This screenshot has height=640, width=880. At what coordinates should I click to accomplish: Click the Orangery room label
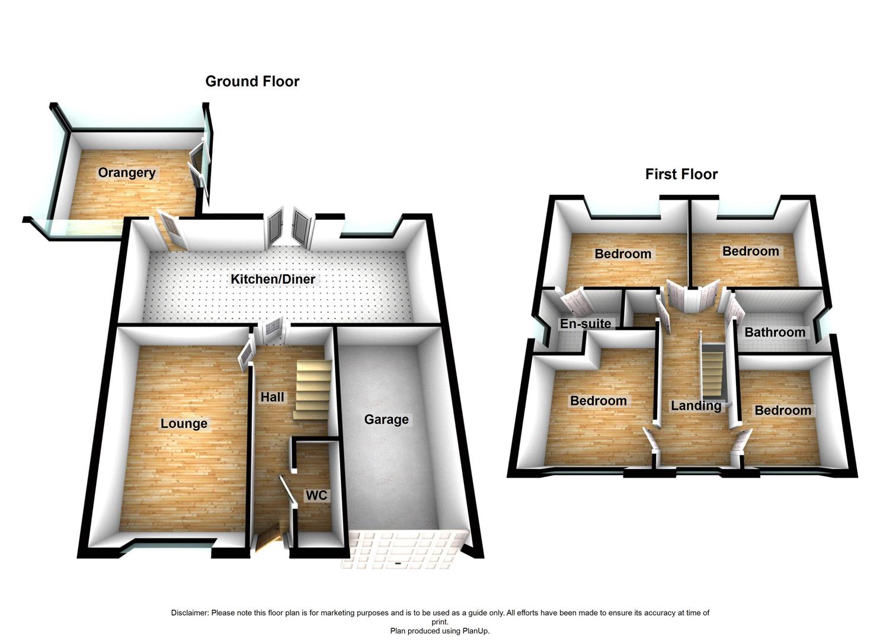[x=127, y=173]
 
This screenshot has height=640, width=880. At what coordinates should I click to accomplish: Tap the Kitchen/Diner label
[x=273, y=279]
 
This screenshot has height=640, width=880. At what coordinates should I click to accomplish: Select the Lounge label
[x=184, y=423]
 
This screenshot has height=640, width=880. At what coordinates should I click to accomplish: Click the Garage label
[x=386, y=420]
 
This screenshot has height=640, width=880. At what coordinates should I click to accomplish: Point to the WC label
[x=316, y=495]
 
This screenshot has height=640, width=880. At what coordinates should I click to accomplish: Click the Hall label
[x=272, y=397]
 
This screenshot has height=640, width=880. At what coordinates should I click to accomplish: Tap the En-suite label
[x=585, y=324]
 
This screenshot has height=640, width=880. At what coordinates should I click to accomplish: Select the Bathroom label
[x=775, y=332]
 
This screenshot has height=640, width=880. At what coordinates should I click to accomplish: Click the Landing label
[x=696, y=406]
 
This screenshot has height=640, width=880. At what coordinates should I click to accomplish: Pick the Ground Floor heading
[x=252, y=81]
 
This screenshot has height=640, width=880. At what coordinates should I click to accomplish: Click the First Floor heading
[x=681, y=174]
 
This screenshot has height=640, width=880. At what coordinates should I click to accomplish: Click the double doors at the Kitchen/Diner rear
[x=289, y=228]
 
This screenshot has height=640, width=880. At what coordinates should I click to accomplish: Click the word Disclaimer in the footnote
[x=190, y=613]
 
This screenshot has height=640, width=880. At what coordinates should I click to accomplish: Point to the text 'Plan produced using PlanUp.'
[x=440, y=631]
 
